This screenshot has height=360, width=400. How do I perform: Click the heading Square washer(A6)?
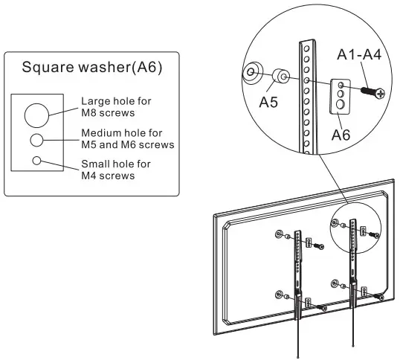tap(91, 68)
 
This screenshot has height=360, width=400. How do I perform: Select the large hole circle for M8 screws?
tap(36, 115)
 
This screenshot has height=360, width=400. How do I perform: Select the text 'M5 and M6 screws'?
tap(128, 144)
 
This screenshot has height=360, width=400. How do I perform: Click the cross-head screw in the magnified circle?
tap(371, 92)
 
